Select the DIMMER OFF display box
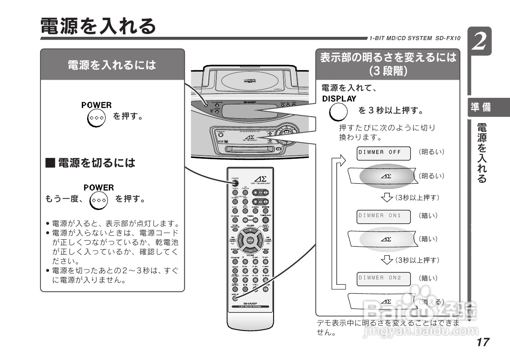[x=384, y=152]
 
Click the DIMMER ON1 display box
[x=384, y=216]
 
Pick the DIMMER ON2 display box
[x=384, y=278]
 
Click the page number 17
[x=483, y=342]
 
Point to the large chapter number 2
[x=480, y=42]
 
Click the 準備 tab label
[x=481, y=108]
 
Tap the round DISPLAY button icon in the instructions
[x=339, y=111]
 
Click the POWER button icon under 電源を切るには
[x=95, y=200]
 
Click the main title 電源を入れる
[x=98, y=26]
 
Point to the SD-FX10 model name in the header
[x=448, y=38]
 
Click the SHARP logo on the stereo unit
[x=249, y=101]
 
